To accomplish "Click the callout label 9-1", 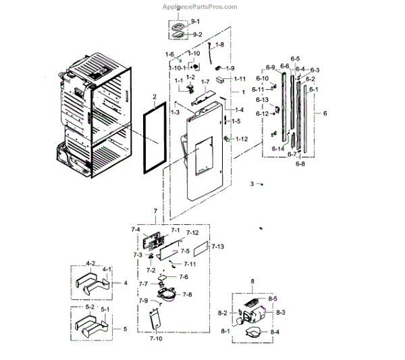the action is (196, 22).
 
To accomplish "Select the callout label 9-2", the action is (197, 34).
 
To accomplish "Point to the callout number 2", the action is (155, 97).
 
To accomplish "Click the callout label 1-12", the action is (241, 139).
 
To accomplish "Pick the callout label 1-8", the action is (219, 45).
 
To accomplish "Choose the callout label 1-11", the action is (240, 79).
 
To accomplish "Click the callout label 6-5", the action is (295, 59).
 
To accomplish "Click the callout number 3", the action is (251, 184).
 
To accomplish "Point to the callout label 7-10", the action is (155, 338).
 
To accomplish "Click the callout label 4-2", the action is (90, 263).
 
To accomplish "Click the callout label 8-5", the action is (273, 298).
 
